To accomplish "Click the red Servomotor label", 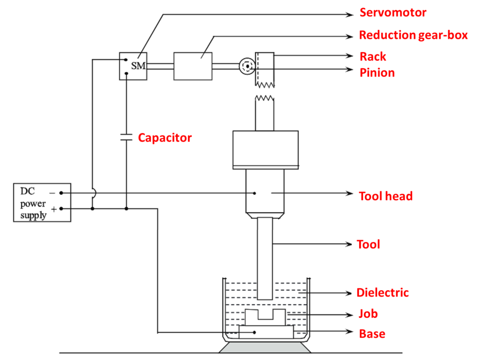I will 392,13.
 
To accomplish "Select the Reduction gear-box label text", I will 413,35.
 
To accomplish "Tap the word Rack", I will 372,57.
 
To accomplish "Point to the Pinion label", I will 377,73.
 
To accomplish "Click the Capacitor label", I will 165,138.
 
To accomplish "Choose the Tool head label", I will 385,196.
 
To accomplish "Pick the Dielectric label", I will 382,293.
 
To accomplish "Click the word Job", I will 368,313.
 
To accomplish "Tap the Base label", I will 372,334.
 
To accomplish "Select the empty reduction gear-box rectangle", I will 193,66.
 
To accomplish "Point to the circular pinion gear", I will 246,66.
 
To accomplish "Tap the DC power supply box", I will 42,202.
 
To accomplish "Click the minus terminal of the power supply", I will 61,192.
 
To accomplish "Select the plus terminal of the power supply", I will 61,209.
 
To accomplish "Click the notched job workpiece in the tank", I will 265,318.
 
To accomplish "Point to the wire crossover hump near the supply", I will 94,192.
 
